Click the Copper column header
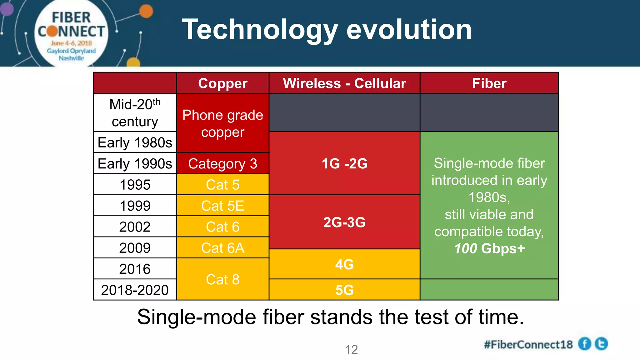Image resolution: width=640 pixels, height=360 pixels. point(222,83)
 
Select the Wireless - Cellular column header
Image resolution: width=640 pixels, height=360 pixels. point(344,83)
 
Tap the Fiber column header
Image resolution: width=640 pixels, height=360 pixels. point(489,83)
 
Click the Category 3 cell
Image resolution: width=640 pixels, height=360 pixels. point(222,164)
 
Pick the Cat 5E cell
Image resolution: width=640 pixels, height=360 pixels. point(222,206)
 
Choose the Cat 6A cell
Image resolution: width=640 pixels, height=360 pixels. point(222,248)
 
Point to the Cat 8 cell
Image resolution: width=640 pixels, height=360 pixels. point(222,279)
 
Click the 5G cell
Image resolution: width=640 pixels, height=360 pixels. point(344,290)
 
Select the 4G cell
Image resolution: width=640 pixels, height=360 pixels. point(344,265)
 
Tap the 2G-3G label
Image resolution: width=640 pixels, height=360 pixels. point(344,222)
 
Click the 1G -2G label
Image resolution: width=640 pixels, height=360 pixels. point(344,164)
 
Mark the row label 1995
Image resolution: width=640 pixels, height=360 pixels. point(135,185)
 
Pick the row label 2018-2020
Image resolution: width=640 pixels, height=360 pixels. point(135,290)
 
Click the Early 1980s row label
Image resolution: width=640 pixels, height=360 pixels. point(135,142)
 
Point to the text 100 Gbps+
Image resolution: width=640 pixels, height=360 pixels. point(489,249)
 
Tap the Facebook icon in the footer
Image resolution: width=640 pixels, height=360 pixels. point(584,344)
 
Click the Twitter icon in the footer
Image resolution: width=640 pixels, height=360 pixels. point(601,344)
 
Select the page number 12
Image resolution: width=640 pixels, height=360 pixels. point(351,350)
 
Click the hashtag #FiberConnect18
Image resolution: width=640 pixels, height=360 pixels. point(528,345)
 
